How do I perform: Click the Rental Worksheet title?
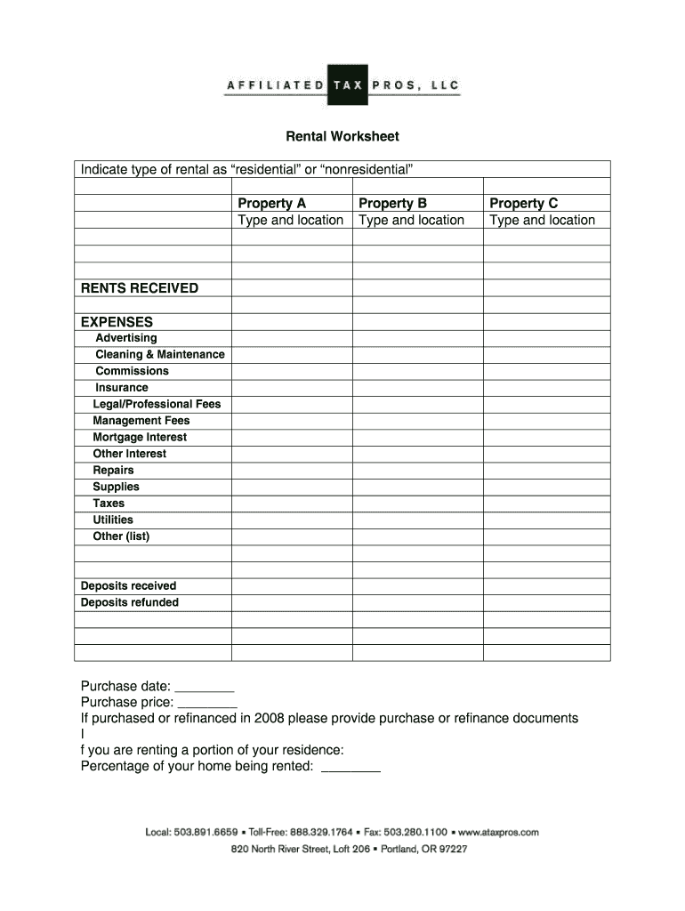342,136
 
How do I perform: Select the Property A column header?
271,203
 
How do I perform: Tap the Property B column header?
392,203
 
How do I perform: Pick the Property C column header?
523,203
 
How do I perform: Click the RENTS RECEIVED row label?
140,288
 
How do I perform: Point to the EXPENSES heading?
117,322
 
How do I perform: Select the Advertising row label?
125,338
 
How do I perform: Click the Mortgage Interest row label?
140,437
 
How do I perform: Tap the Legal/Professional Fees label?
157,404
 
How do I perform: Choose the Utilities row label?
113,520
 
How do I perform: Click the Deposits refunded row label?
129,602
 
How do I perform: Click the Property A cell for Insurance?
292,388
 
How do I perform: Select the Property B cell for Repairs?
417,471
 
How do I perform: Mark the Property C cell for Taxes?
546,504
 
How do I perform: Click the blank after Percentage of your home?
351,768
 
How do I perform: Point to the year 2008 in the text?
269,718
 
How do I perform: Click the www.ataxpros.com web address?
500,833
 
